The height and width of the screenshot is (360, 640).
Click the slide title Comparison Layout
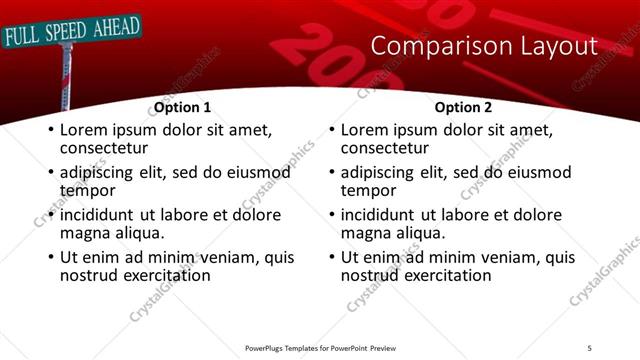(x=484, y=46)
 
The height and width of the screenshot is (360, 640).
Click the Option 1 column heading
(x=182, y=107)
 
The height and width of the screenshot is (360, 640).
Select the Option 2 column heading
(x=463, y=107)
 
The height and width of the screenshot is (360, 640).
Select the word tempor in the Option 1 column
(x=87, y=190)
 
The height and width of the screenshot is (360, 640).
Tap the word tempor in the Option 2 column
(x=368, y=190)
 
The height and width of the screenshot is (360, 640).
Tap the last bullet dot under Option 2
(x=331, y=258)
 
